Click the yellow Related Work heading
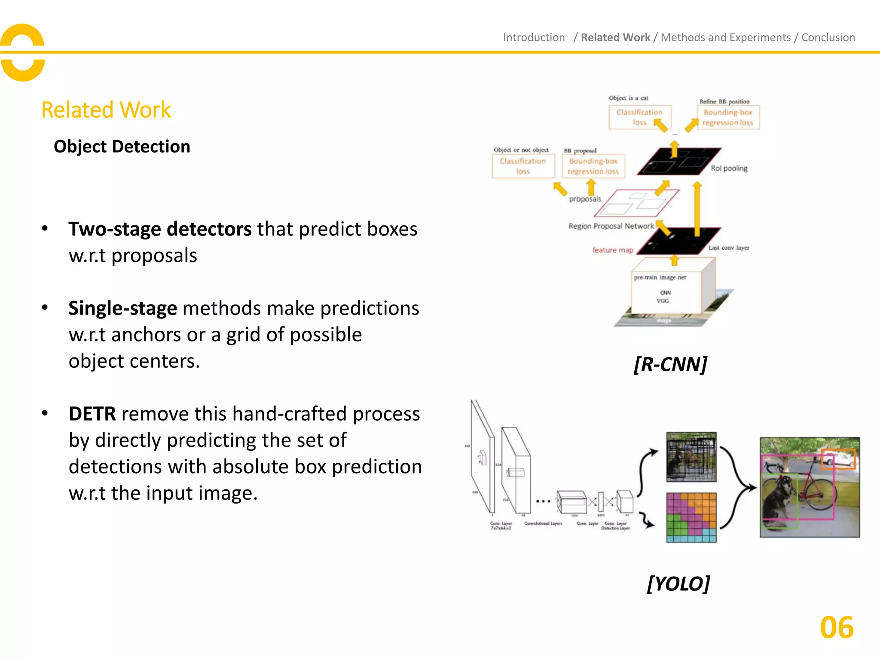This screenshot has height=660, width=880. point(106,110)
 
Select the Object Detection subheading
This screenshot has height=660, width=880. point(122,147)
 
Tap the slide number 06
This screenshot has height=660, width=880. point(836,628)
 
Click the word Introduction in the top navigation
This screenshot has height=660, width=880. point(534,37)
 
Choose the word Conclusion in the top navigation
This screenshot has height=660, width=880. point(828,37)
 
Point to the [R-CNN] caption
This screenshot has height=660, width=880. point(670,364)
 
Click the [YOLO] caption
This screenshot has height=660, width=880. point(678,584)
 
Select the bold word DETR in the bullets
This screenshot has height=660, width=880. point(92,414)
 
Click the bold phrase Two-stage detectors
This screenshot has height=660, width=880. point(160,229)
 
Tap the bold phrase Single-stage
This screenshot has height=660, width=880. point(122,309)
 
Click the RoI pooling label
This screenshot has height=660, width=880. point(729,168)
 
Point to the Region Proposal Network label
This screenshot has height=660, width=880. point(611,226)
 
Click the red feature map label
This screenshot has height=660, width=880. point(613,250)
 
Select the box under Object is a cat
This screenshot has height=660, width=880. point(639,117)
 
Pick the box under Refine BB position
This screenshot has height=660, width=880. point(728,117)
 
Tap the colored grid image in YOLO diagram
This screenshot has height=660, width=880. point(691,517)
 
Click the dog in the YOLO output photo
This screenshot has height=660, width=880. point(778,498)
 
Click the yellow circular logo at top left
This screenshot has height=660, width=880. point(23,52)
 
